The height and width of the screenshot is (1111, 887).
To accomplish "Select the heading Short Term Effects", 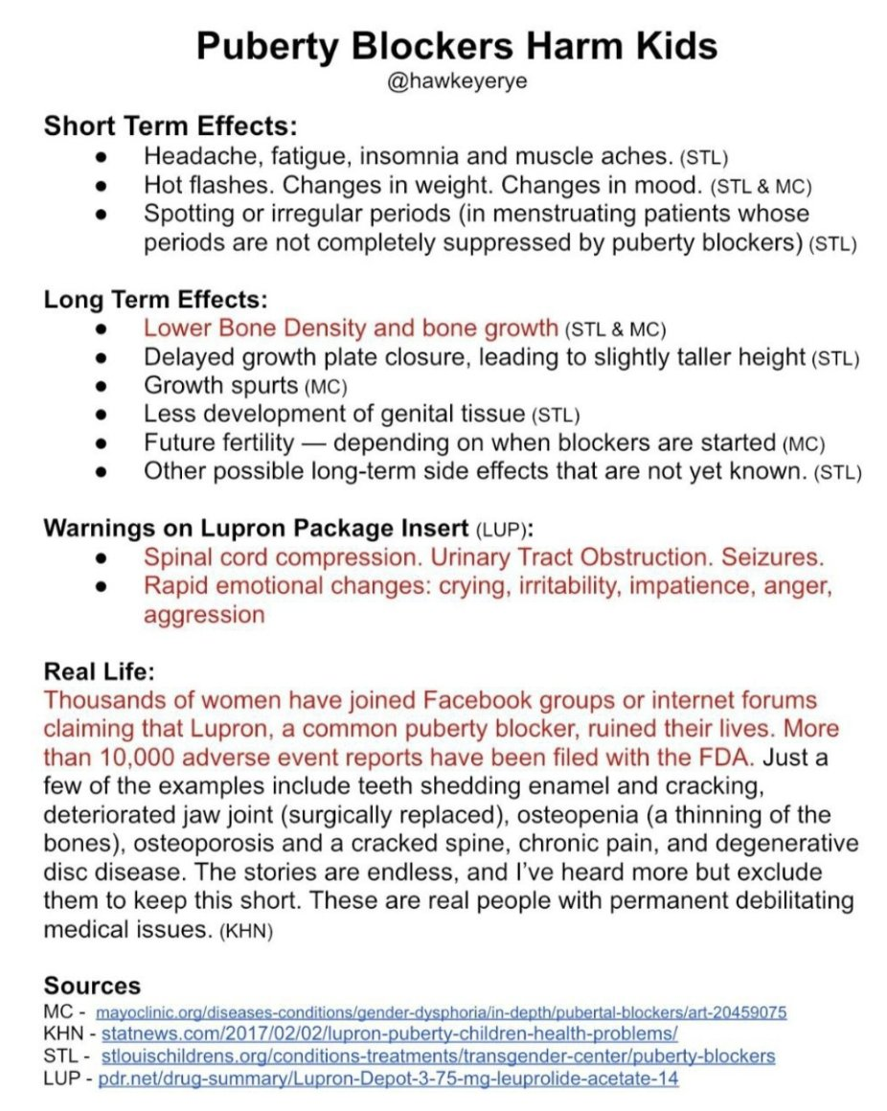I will point(171,125).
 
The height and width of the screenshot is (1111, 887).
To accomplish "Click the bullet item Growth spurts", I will point(219,386).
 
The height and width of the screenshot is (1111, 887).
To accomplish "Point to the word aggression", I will point(204,614).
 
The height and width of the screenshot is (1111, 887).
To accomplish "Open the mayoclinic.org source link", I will point(442,1011).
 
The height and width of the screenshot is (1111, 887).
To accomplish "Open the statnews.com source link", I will point(389,1033).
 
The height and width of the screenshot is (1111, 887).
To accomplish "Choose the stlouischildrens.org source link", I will point(437,1056).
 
